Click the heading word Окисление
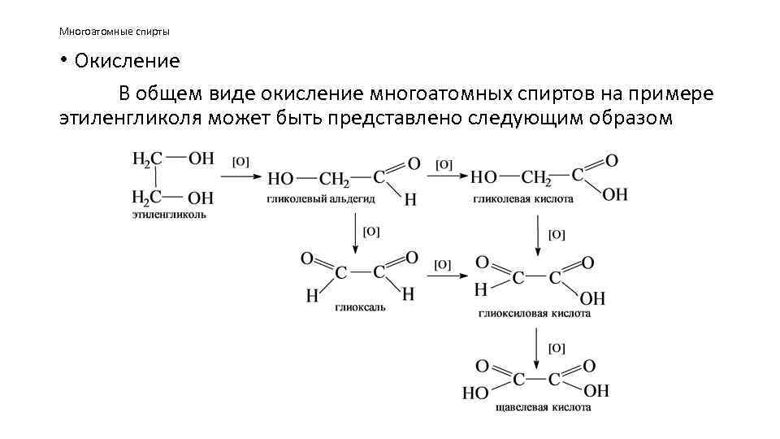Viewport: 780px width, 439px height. point(127,61)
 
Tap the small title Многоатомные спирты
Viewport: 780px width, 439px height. point(114,32)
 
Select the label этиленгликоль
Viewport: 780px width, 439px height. point(169,215)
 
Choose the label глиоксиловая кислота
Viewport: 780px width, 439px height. point(535,313)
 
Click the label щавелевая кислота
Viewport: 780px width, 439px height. point(541,407)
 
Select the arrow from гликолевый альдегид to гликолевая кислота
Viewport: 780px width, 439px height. point(447,176)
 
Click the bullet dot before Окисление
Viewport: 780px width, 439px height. point(63,61)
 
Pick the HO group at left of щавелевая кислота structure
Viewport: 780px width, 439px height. point(475,393)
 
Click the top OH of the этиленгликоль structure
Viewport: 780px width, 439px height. point(200,159)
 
